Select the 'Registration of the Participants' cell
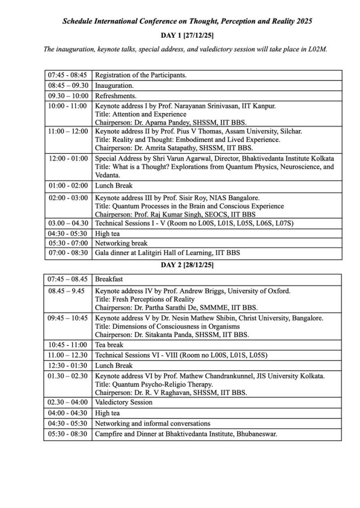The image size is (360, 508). [x=141, y=75]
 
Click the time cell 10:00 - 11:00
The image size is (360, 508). [x=67, y=106]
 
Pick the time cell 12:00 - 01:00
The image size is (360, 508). [x=67, y=158]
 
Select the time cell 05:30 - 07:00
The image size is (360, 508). [x=67, y=243]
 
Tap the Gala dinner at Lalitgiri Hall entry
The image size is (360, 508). [x=167, y=253]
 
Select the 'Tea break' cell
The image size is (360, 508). [x=109, y=344]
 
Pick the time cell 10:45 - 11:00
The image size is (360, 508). [x=67, y=344]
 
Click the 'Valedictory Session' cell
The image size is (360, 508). [x=124, y=402]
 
